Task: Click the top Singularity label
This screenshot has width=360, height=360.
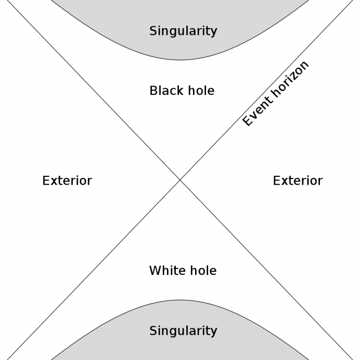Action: pyautogui.click(x=183, y=31)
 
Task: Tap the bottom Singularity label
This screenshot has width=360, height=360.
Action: pyautogui.click(x=183, y=331)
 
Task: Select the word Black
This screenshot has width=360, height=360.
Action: pyautogui.click(x=167, y=90)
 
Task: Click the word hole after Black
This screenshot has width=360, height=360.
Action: pyautogui.click(x=201, y=90)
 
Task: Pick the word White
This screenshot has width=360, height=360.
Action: pyautogui.click(x=167, y=270)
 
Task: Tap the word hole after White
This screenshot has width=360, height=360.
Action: pyautogui.click(x=203, y=270)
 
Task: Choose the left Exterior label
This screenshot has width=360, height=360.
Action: pyautogui.click(x=67, y=181)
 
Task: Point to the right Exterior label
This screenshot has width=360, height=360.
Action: pyautogui.click(x=298, y=181)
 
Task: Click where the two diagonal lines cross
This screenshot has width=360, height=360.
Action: pyautogui.click(x=180, y=180)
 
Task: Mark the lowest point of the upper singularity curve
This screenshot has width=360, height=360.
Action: pyautogui.click(x=180, y=60)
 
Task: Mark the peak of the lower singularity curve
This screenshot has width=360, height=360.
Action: pyautogui.click(x=180, y=300)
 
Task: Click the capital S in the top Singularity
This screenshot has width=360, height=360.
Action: pyautogui.click(x=153, y=31)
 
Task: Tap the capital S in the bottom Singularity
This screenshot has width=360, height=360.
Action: pyautogui.click(x=153, y=331)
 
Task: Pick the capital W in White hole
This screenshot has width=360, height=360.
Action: pyautogui.click(x=155, y=270)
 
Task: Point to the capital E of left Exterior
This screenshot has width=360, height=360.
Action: pyautogui.click(x=46, y=181)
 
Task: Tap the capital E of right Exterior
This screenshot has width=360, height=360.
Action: pyautogui.click(x=277, y=181)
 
